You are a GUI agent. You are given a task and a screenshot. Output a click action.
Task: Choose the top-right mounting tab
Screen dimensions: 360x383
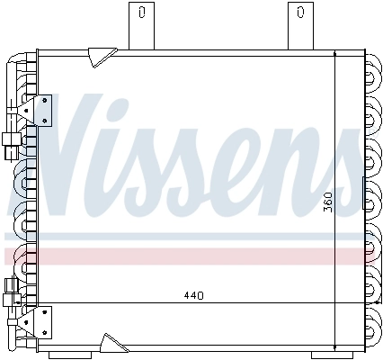tap(298, 24)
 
